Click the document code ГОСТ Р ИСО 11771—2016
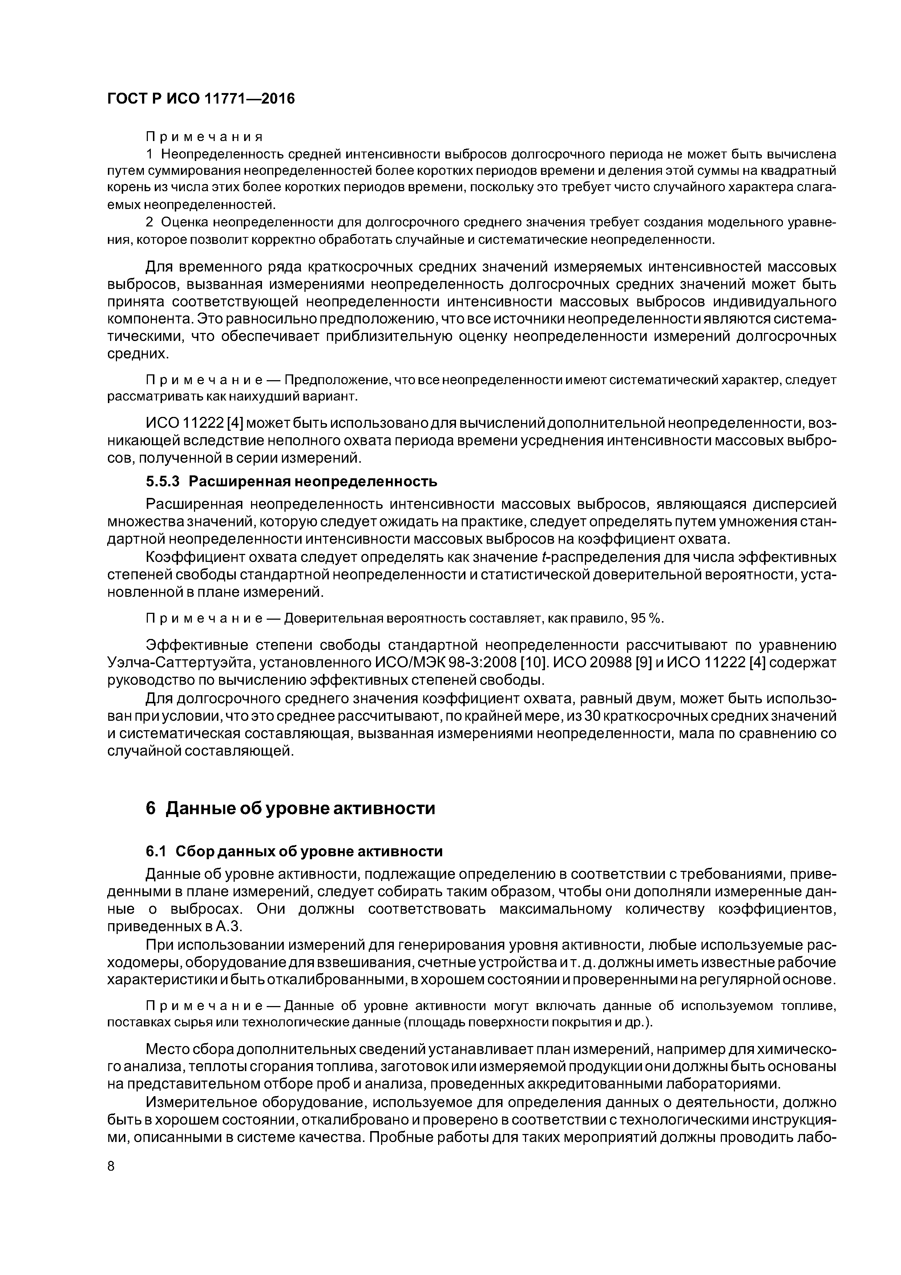[x=201, y=99]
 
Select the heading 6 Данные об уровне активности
[x=290, y=808]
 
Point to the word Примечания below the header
[x=204, y=136]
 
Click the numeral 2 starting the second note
[x=149, y=222]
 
